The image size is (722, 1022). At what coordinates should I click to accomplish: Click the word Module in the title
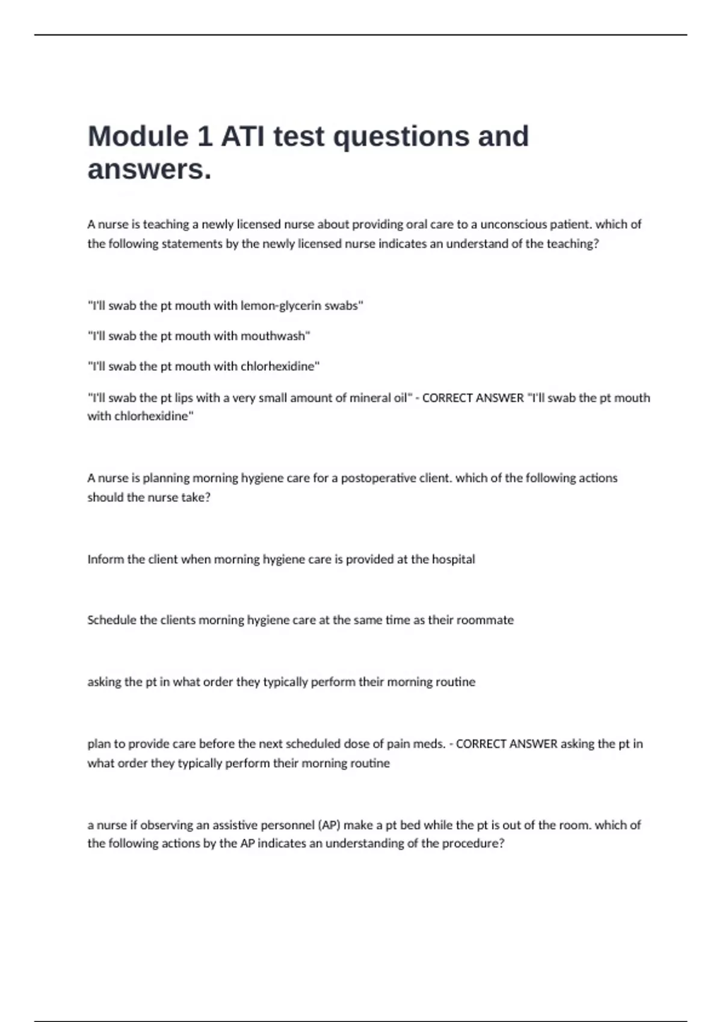138,136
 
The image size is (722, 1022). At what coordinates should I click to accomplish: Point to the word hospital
453,559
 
